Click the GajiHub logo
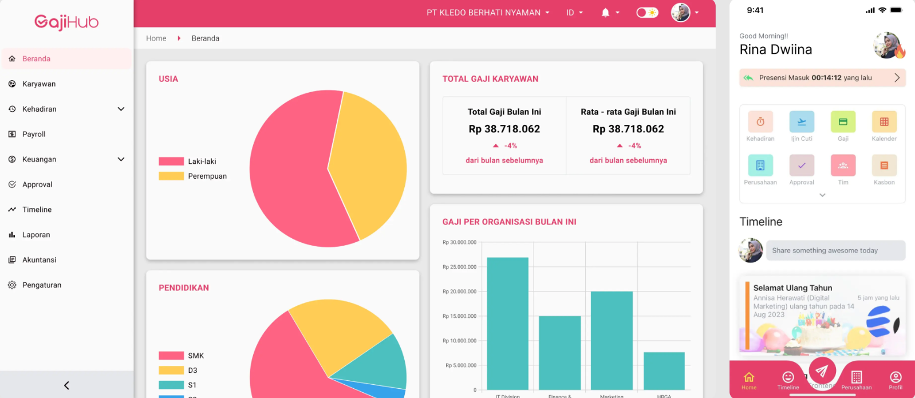point(66,22)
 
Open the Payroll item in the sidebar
point(34,134)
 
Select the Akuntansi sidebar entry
point(39,260)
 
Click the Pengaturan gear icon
point(12,285)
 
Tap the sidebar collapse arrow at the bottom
point(66,385)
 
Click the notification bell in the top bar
point(605,13)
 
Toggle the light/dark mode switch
point(647,13)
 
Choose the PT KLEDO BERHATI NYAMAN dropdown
point(487,13)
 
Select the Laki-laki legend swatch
point(171,161)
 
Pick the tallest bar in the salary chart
point(507,324)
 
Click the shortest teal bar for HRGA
point(664,371)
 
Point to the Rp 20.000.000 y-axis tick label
point(459,291)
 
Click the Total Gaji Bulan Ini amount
point(504,129)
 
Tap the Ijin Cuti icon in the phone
point(802,122)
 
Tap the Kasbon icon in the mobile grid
point(884,165)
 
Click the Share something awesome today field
point(835,251)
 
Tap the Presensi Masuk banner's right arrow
point(897,78)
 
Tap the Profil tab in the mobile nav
point(896,380)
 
